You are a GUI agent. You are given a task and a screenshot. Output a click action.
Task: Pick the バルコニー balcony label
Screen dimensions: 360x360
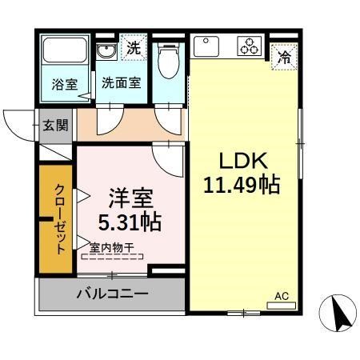point(112,294)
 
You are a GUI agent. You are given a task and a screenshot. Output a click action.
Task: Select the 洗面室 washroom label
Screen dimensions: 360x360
point(122,82)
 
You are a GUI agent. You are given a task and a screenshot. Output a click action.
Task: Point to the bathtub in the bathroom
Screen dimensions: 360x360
point(67,53)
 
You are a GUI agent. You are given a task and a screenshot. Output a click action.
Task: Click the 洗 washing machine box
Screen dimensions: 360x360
point(134,46)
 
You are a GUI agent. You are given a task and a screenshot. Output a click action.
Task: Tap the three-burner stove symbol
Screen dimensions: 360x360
point(250,46)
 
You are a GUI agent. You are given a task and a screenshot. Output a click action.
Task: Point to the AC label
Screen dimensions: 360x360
point(281,297)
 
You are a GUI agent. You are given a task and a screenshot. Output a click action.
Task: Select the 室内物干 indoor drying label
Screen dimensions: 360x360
point(112,249)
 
